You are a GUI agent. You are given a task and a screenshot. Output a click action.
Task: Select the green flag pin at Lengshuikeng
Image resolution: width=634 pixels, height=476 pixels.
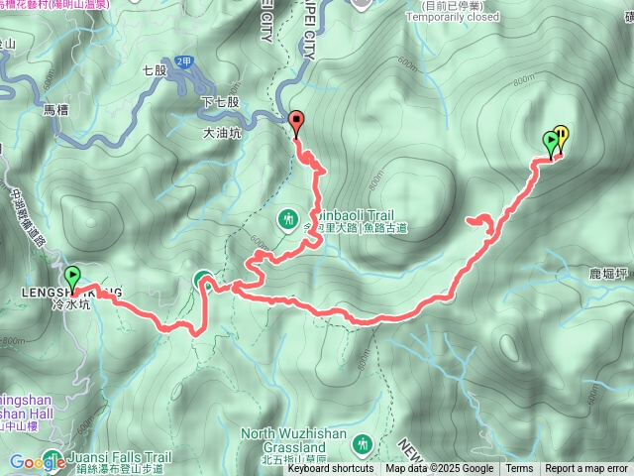coord(72,276)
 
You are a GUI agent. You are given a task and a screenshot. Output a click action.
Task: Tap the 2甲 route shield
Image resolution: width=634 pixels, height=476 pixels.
coord(182,60)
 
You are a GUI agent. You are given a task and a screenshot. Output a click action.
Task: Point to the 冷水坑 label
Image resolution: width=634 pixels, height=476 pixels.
coord(71,305)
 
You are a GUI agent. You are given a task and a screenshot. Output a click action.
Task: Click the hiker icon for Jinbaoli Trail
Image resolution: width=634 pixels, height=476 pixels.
coord(288,217)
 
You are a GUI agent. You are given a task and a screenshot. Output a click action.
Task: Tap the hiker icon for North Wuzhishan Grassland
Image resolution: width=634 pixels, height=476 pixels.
coord(361,415)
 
